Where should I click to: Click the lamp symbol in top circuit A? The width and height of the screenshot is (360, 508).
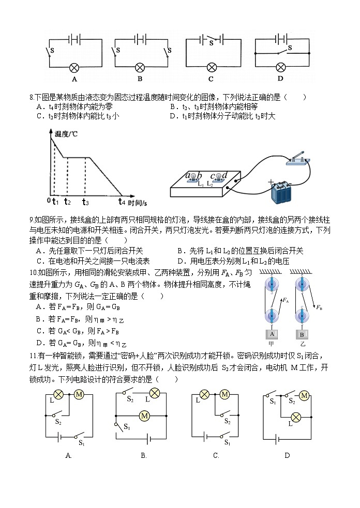(74, 67)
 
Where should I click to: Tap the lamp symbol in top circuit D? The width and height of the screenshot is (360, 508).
(281, 67)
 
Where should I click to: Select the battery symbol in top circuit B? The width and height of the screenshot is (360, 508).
(140, 39)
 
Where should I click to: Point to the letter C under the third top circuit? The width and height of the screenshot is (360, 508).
(211, 79)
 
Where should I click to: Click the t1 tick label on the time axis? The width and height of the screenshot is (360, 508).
(56, 202)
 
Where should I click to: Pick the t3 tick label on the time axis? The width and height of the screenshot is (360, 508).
(85, 202)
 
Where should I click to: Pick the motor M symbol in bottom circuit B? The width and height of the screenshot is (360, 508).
(145, 415)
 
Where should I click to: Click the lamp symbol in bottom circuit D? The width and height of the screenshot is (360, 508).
(296, 417)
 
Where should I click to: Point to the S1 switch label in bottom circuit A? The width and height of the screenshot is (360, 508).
(82, 443)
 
